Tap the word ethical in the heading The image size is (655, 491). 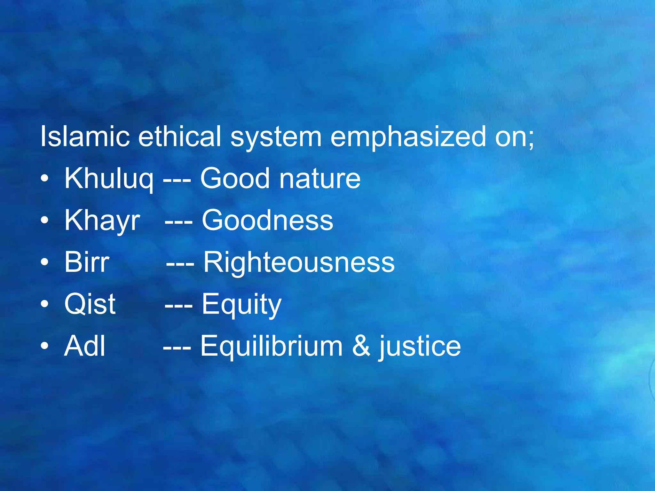[x=179, y=136]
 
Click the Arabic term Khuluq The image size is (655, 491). [x=109, y=179]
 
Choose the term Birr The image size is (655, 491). [x=87, y=262]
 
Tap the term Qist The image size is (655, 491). [x=90, y=304]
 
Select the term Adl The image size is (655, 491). [x=84, y=346]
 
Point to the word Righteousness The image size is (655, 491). [x=299, y=262]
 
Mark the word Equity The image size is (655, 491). [x=241, y=305]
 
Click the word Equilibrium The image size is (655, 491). [x=272, y=346]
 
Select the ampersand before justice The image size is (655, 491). [x=361, y=346]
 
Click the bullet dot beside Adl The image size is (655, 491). [x=45, y=346]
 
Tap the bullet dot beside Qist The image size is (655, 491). [x=45, y=304]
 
